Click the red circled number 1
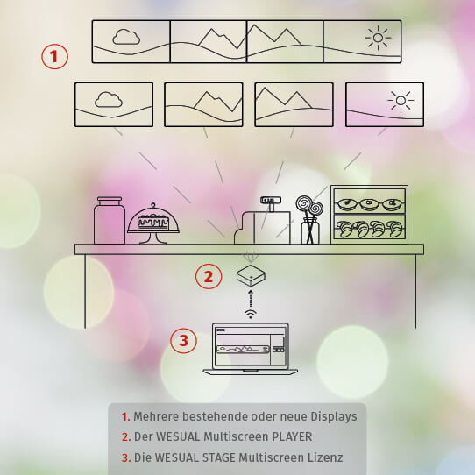click(55, 57)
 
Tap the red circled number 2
click(209, 276)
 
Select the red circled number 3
click(183, 340)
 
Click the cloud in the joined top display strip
click(126, 37)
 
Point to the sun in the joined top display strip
click(378, 38)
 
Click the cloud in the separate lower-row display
click(109, 99)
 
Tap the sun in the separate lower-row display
click(401, 101)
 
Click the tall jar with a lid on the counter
click(110, 220)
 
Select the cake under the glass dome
click(153, 223)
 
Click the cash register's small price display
click(271, 200)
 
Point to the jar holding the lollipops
click(310, 232)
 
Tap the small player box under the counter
click(251, 276)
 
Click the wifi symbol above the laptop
click(251, 314)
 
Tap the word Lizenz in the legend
click(325, 457)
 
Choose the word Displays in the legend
click(334, 417)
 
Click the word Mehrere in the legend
click(156, 416)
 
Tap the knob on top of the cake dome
click(153, 205)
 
